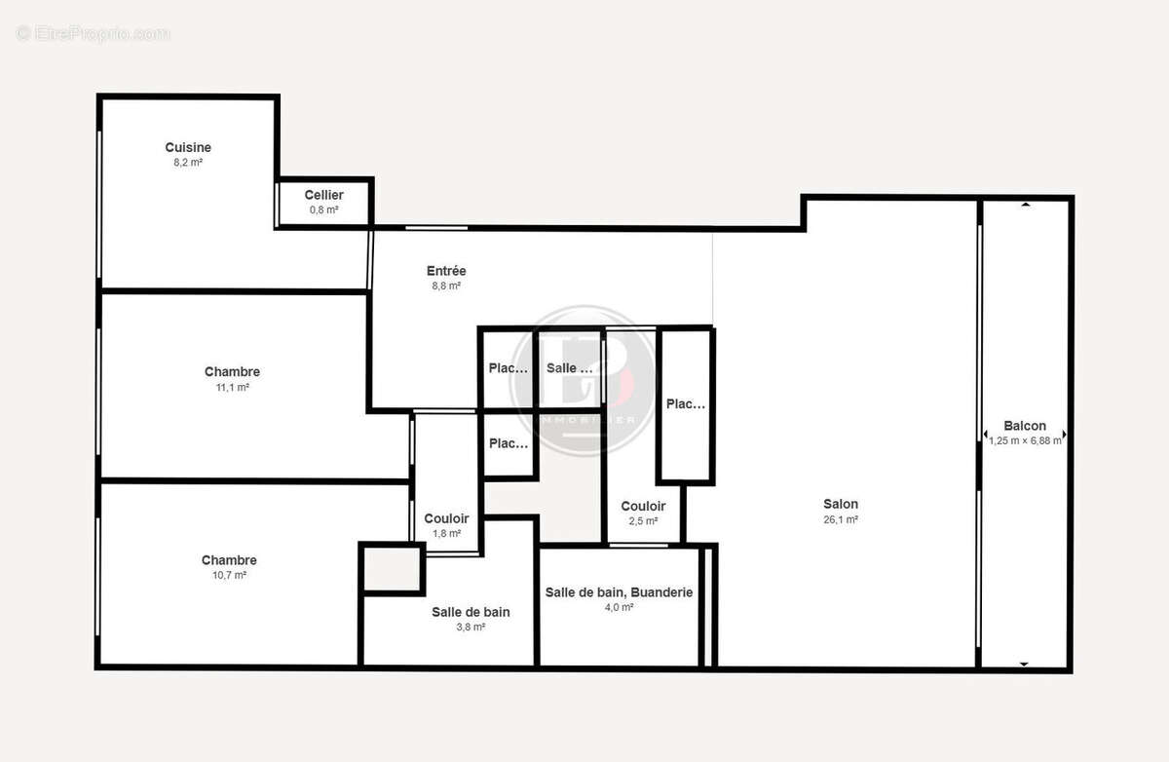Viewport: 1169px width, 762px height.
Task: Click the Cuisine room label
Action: [188, 148]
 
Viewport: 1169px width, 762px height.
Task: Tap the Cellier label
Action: [323, 195]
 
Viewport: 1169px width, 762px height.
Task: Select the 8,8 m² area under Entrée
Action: [446, 286]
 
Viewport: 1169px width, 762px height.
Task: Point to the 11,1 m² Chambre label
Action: [232, 371]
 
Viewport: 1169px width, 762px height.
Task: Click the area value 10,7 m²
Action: [229, 576]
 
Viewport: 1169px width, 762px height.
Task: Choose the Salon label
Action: [841, 504]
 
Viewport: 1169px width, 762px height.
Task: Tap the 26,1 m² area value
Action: [841, 520]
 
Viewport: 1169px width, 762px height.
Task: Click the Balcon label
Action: [1025, 426]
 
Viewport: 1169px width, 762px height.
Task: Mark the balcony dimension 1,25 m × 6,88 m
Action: [1025, 440]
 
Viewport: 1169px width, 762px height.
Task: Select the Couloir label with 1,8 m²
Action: [446, 518]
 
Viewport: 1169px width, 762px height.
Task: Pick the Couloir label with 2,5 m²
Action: [643, 506]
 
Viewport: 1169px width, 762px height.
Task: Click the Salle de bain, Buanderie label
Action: [619, 591]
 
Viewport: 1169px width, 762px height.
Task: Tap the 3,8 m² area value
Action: [471, 628]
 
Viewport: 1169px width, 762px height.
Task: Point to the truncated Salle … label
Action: [569, 368]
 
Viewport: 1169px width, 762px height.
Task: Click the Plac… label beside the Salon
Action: [685, 404]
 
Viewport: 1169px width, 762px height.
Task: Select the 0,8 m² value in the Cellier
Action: [323, 210]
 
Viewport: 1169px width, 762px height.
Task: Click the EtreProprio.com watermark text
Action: [93, 34]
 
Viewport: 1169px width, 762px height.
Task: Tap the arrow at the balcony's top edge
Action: [1025, 205]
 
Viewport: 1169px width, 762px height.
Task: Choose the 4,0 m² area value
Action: [619, 608]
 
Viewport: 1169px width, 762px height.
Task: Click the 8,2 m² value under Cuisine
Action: [188, 163]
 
